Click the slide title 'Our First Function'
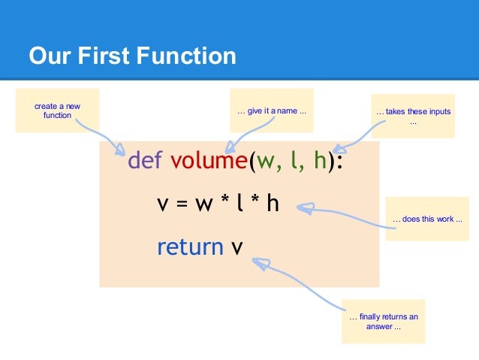pos(132,56)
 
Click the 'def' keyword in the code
pos(146,161)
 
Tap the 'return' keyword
pos(190,246)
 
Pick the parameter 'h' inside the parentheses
pos(320,161)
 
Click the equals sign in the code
pos(183,204)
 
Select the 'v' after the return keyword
pos(237,247)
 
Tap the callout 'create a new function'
pos(57,111)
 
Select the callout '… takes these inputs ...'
pos(413,116)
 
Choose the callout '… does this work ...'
pos(426,219)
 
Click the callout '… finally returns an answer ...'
pos(384,322)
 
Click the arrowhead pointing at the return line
pos(259,262)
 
